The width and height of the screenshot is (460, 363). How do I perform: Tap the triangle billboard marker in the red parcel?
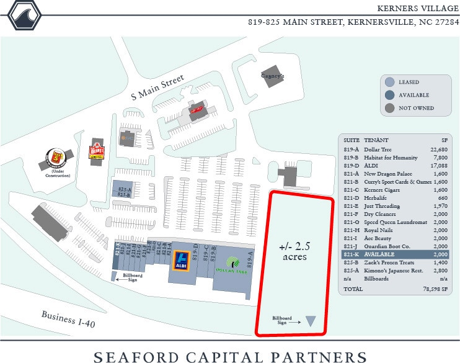click(x=311, y=321)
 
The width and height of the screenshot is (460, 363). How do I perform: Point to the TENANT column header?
click(x=376, y=140)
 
